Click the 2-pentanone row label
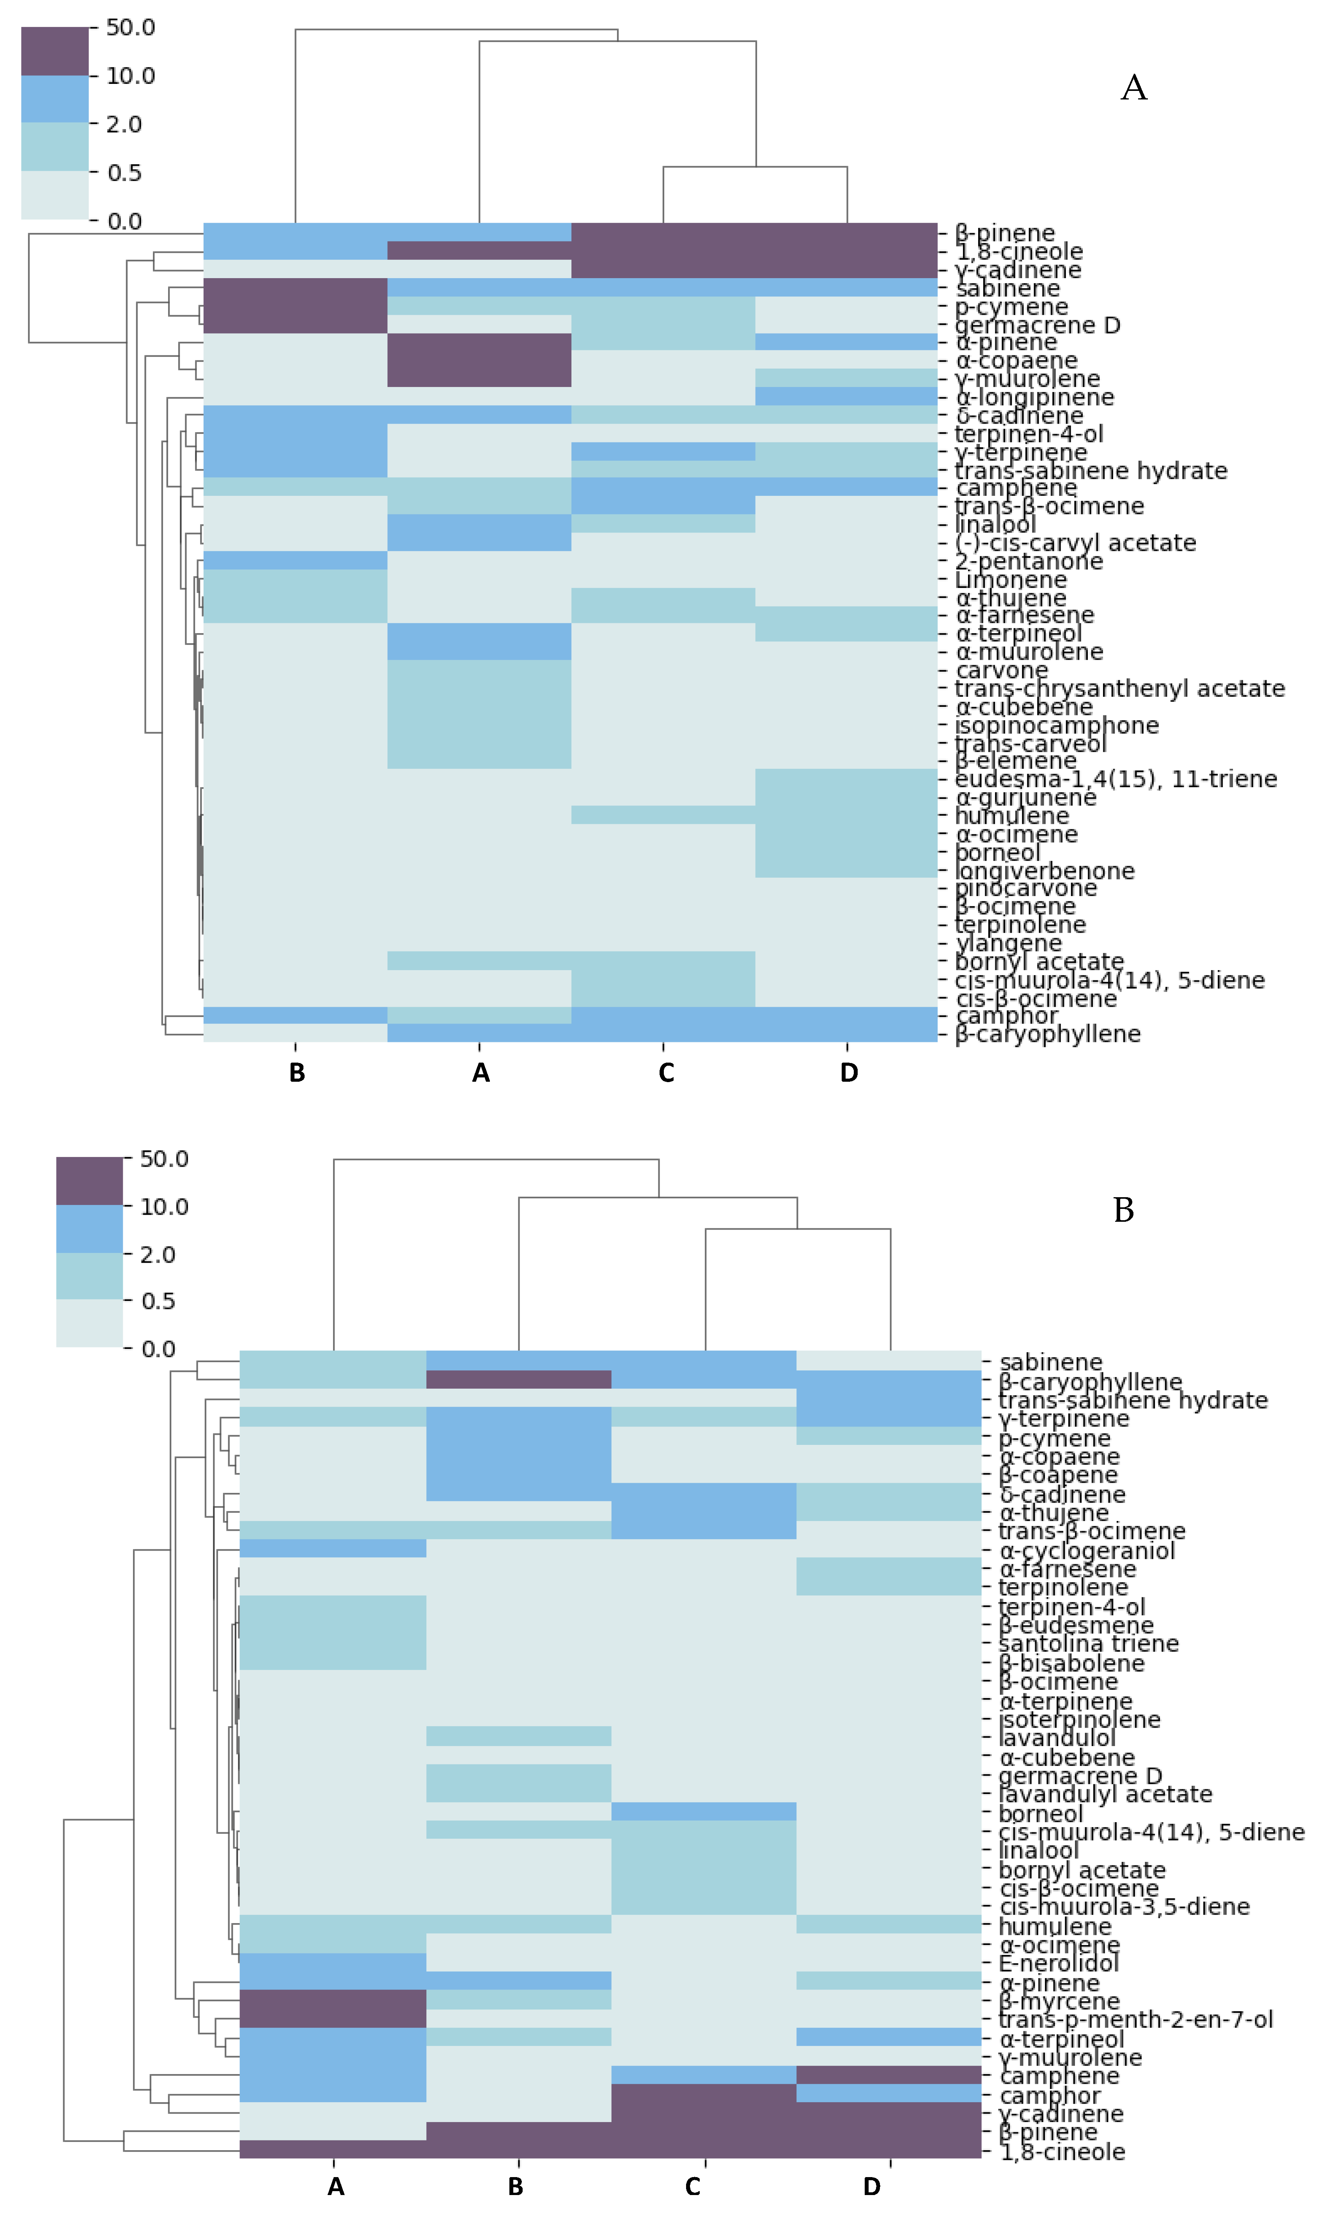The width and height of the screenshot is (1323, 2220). (1029, 562)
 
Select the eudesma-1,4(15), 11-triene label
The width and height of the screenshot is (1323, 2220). (1115, 779)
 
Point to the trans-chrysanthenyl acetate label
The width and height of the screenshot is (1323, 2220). (1120, 688)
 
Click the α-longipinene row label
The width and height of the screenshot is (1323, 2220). (1034, 398)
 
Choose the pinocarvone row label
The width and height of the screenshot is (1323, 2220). (1025, 889)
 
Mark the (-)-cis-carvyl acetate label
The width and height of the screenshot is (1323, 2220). (1075, 543)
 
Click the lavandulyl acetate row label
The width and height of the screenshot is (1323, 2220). (1105, 1794)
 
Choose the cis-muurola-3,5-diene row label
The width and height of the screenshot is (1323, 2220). (1123, 1906)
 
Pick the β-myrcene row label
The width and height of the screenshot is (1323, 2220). (1058, 2001)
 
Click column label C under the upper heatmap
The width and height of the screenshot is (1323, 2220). (666, 1074)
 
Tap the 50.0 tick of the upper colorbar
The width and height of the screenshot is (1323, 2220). (130, 28)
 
